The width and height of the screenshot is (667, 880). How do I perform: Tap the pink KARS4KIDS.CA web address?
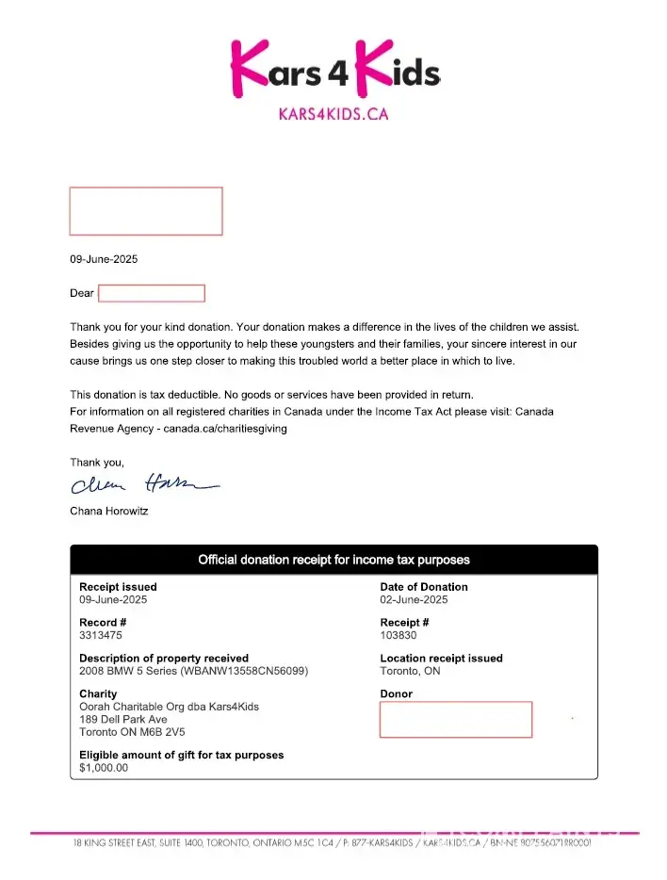click(x=333, y=114)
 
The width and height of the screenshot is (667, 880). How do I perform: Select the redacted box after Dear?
click(x=152, y=293)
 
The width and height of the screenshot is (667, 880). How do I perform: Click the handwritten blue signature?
click(x=141, y=485)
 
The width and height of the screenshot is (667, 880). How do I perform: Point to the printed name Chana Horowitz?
click(x=109, y=511)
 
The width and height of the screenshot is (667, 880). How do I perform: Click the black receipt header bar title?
click(x=333, y=560)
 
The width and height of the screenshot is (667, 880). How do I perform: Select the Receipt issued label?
click(x=118, y=587)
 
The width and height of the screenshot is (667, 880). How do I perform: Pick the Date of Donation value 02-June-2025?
click(x=414, y=599)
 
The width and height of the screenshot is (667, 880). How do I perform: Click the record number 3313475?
click(x=101, y=635)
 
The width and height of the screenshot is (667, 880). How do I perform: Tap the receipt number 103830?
click(x=399, y=635)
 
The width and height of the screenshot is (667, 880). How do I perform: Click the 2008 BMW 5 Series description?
click(x=193, y=671)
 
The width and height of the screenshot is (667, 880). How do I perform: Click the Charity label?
click(x=98, y=694)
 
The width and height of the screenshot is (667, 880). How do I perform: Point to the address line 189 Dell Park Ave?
click(x=123, y=719)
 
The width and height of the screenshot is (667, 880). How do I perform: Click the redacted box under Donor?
click(x=456, y=719)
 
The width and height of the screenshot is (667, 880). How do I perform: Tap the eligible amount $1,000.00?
click(x=104, y=767)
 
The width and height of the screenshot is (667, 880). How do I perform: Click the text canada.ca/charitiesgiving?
click(x=225, y=429)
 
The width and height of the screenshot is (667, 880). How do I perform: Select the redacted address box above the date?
click(x=146, y=211)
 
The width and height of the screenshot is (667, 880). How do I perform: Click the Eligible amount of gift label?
click(x=181, y=755)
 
